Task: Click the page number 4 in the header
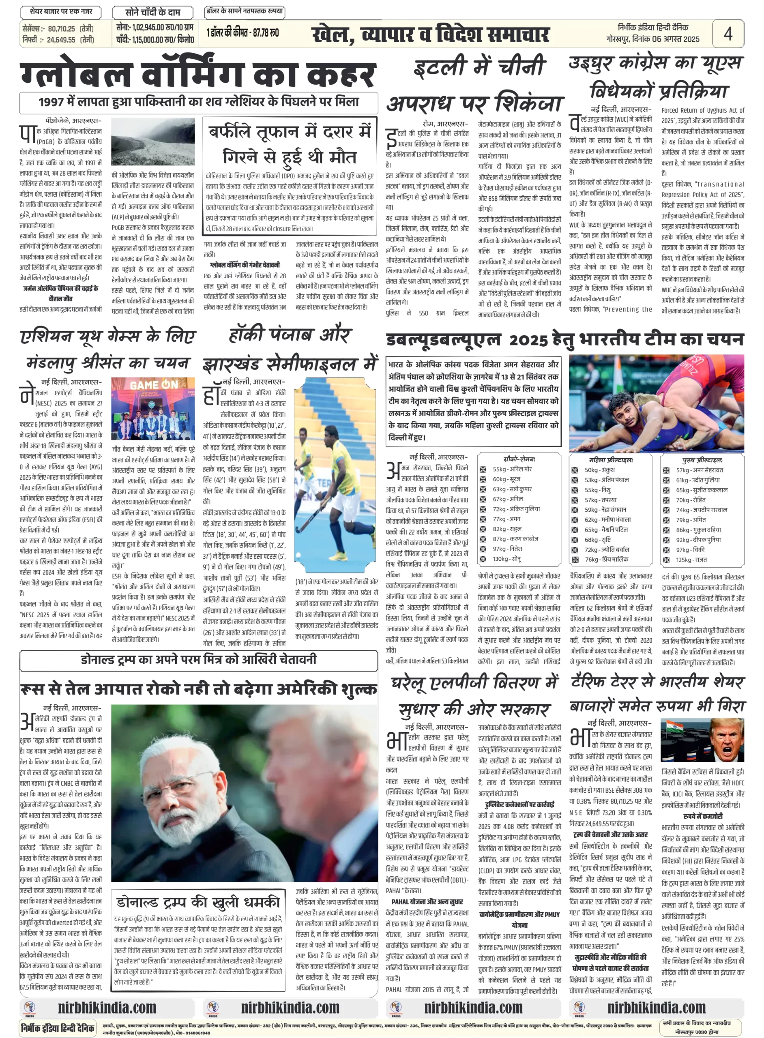click(728, 33)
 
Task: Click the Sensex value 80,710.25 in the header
click(61, 29)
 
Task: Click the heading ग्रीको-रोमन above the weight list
click(519, 459)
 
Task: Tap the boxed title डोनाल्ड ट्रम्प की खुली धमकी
click(198, 902)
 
